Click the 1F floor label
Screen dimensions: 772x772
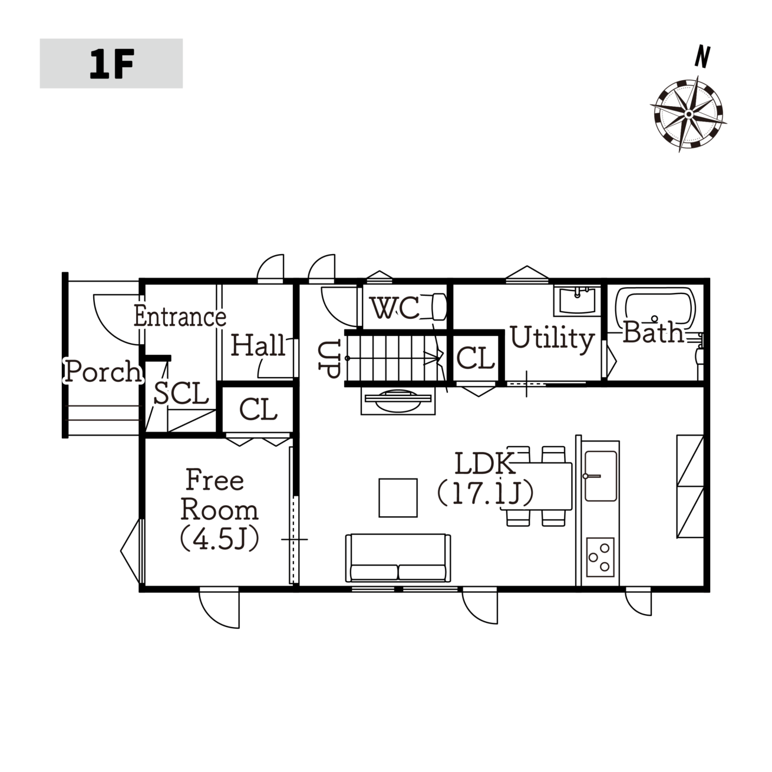111,64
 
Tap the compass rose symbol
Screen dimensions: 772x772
688,114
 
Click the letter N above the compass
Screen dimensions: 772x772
702,57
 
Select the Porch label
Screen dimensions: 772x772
103,371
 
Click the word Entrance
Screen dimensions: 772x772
180,316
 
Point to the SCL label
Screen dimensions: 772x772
181,393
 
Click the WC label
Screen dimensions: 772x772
395,308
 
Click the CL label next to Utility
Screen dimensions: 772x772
475,358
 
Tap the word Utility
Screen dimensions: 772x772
552,339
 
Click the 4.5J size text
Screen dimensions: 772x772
219,539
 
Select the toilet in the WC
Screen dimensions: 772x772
439,307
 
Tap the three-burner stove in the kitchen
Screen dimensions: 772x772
600,557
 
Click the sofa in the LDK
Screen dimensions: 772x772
398,557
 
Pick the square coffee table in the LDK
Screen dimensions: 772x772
398,497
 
